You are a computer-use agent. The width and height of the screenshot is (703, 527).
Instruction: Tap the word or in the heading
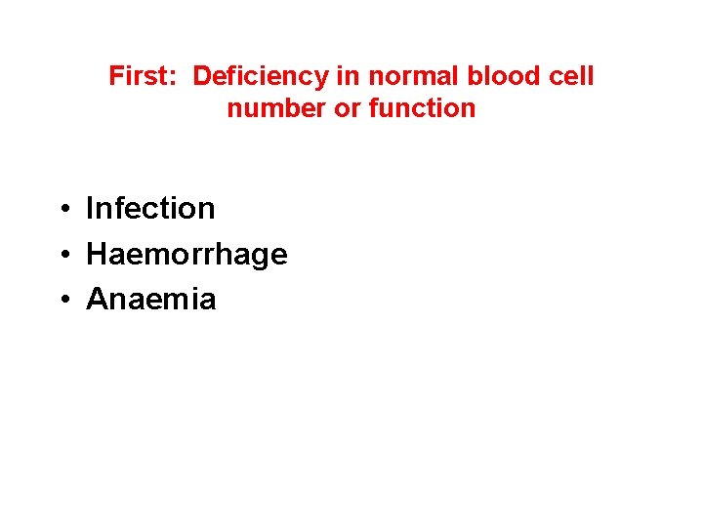(347, 108)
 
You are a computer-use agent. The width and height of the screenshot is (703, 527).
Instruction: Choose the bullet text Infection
(150, 208)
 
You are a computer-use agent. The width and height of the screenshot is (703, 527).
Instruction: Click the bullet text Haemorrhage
(186, 254)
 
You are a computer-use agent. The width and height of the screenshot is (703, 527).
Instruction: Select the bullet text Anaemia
(151, 299)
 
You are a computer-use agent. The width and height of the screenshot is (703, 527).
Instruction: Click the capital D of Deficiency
(202, 76)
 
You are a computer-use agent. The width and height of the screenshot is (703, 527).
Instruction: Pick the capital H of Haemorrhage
(97, 254)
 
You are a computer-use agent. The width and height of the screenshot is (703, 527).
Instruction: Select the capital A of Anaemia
(97, 299)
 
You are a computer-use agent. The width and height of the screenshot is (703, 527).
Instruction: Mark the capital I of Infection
(90, 208)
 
